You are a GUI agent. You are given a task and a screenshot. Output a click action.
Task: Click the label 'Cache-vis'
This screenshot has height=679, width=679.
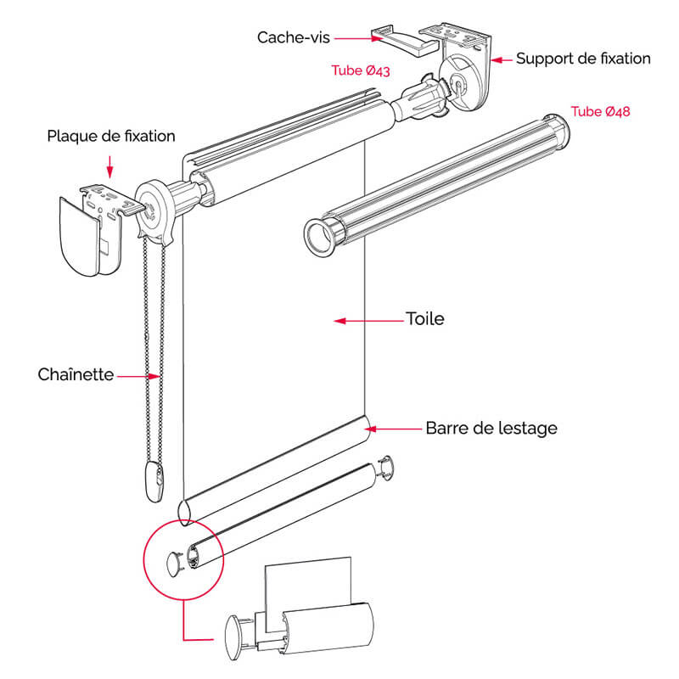click(294, 36)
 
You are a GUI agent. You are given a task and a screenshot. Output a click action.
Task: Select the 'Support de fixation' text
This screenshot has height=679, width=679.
click(583, 59)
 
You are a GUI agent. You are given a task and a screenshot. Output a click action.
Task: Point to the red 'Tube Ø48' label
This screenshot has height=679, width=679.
click(600, 111)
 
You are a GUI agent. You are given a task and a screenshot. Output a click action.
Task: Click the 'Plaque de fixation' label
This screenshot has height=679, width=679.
click(111, 136)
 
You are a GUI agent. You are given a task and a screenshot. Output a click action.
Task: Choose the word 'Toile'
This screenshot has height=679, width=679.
click(424, 320)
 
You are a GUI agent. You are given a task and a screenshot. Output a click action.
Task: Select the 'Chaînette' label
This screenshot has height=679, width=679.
click(76, 374)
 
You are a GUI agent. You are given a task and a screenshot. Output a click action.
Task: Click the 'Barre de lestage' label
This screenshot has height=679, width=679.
click(491, 428)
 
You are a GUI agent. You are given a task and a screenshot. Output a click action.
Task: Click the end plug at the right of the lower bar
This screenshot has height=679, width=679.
click(386, 467)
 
